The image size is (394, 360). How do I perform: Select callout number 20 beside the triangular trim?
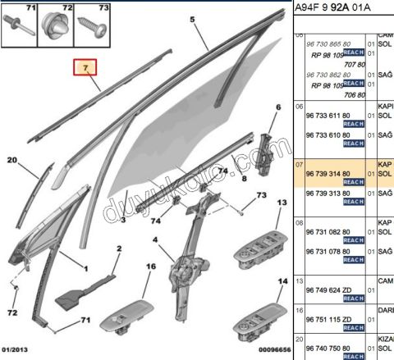click(x=13, y=163)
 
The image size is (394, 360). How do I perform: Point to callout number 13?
click(x=281, y=203)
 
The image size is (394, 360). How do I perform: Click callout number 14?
click(x=281, y=281)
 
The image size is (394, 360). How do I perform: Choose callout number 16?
click(x=150, y=268)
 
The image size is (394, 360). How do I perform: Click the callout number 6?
click(x=277, y=108)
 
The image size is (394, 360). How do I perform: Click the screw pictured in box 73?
click(x=94, y=29)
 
